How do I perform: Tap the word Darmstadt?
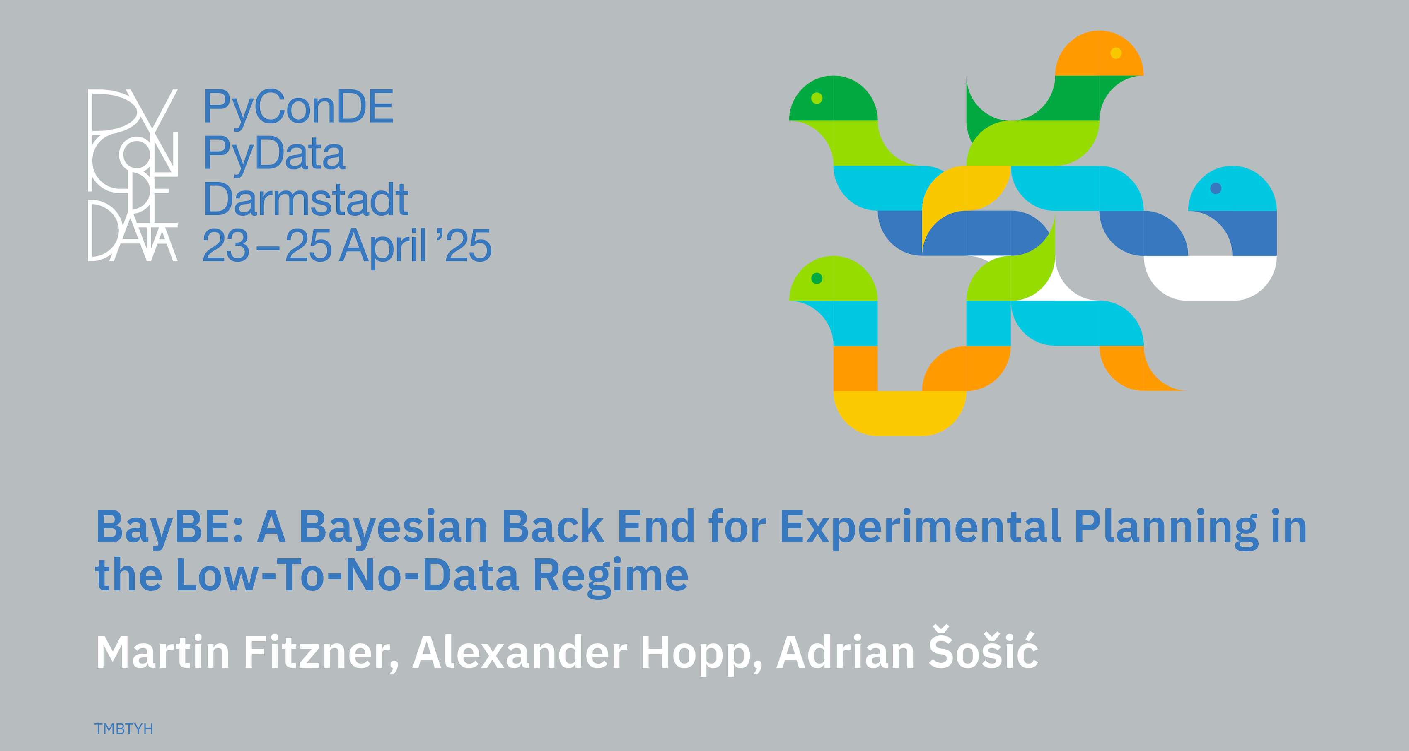(x=306, y=200)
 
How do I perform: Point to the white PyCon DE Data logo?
(x=133, y=175)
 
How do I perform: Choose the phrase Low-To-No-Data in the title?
(x=347, y=575)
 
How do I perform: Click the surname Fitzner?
(x=321, y=652)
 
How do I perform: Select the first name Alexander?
(x=520, y=652)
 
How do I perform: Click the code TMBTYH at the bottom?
(x=123, y=729)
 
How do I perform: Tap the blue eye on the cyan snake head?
(x=1216, y=188)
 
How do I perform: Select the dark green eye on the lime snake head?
(x=817, y=279)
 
